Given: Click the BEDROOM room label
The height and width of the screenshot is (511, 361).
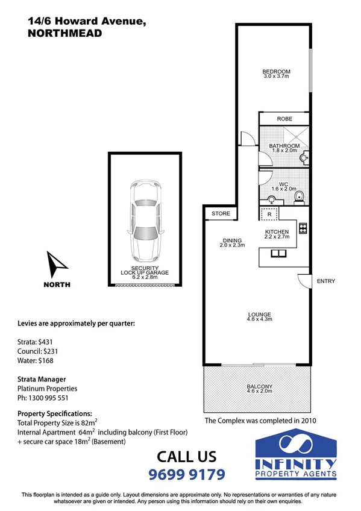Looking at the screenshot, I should (x=277, y=71).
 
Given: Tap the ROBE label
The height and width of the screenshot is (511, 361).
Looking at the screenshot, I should (x=284, y=119).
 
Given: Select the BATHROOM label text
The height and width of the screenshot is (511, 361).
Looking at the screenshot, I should (x=284, y=146).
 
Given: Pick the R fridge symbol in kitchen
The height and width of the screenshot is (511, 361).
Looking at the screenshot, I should (x=269, y=214).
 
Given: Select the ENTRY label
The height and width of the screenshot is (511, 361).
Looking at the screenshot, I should (x=325, y=281).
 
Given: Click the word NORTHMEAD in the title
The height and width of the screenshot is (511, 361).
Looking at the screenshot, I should (x=65, y=34).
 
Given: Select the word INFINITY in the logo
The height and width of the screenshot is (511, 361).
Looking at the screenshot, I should (x=295, y=463).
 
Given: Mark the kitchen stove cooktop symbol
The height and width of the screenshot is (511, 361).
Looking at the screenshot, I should (x=303, y=228).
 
